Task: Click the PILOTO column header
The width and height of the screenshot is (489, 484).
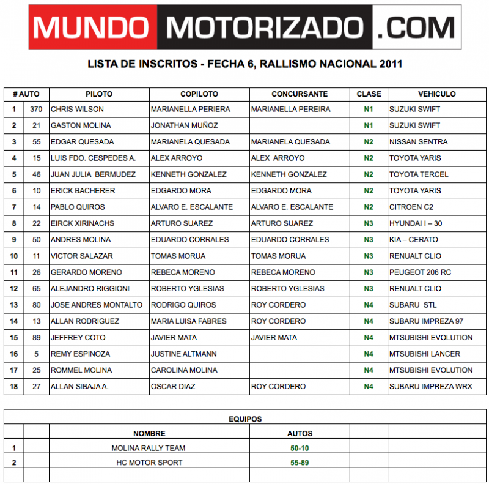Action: click(x=99, y=94)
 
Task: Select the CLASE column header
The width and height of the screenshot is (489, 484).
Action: click(x=369, y=94)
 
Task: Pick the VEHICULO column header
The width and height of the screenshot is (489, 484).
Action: click(x=436, y=94)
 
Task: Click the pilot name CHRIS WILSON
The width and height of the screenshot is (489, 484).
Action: click(x=77, y=110)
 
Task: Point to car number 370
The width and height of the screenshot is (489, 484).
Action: click(x=36, y=110)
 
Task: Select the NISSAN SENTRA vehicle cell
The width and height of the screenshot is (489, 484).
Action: click(x=418, y=142)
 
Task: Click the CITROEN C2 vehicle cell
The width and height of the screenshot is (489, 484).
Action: click(x=411, y=207)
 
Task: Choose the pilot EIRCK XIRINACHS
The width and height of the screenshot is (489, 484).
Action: click(x=83, y=223)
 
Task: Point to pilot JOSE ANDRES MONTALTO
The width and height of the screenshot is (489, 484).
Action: click(x=97, y=305)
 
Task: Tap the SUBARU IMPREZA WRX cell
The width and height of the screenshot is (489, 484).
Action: click(x=430, y=387)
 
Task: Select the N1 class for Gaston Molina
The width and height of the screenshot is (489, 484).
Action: click(x=369, y=125)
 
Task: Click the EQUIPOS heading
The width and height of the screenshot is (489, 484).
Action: click(x=244, y=419)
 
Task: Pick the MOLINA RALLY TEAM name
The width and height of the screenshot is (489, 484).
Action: click(x=149, y=448)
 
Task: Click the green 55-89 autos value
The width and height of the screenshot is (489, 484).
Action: click(x=300, y=463)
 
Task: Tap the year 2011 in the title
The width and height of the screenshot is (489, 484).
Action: click(x=391, y=64)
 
